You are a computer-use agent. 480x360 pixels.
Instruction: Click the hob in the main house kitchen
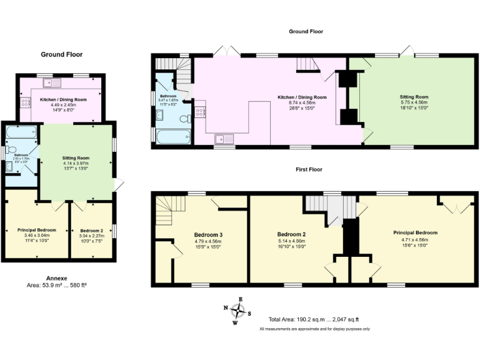point(200,113)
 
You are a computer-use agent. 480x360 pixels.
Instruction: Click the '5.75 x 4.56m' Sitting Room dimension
point(414,103)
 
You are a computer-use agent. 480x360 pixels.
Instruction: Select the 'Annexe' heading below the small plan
point(61,277)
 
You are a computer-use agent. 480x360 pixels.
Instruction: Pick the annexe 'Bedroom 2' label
point(91,231)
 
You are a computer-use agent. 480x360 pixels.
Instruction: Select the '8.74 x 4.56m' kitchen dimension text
point(302,103)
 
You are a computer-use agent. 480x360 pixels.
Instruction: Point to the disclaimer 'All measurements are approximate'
point(314,329)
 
